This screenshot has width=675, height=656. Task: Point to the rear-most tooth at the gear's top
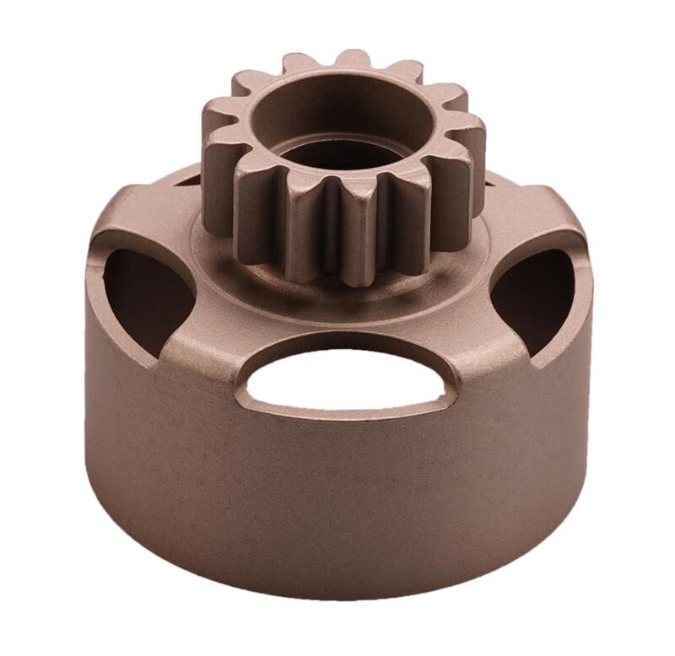[352, 61]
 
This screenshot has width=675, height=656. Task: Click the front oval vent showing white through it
[346, 379]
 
